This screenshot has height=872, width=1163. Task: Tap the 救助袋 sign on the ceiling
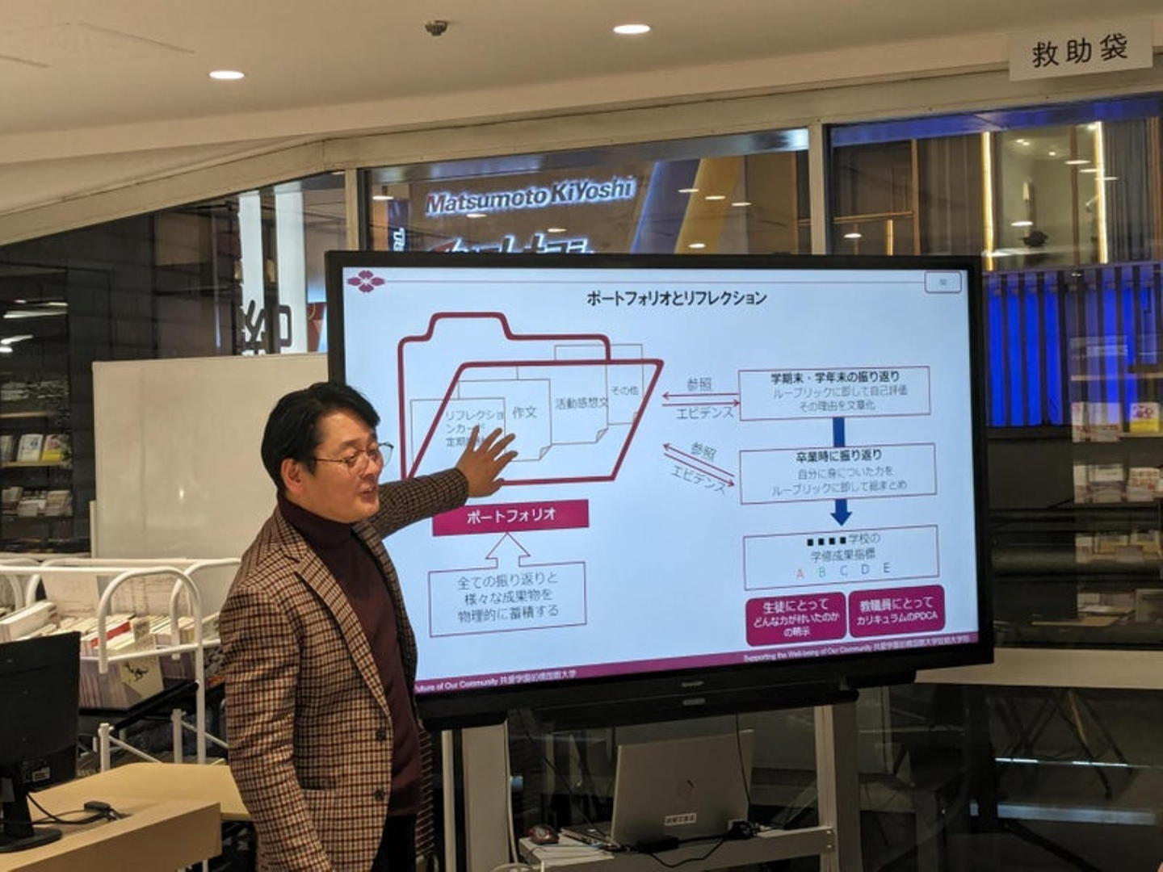1079,52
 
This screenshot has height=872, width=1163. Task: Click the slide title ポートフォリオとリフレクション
676,298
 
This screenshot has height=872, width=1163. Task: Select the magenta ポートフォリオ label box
510,516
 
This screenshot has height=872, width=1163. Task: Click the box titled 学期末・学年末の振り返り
834,392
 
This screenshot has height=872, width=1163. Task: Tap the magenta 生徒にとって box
796,618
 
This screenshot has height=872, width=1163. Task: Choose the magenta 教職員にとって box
896,611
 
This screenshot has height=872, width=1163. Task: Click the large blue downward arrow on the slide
841,511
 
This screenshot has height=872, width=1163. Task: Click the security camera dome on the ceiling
436,27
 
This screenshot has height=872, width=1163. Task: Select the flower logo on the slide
366,282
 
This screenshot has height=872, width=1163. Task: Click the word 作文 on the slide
524,413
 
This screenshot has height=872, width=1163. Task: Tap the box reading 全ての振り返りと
507,596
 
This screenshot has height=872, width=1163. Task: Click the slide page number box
943,282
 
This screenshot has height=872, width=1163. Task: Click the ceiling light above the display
631,29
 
